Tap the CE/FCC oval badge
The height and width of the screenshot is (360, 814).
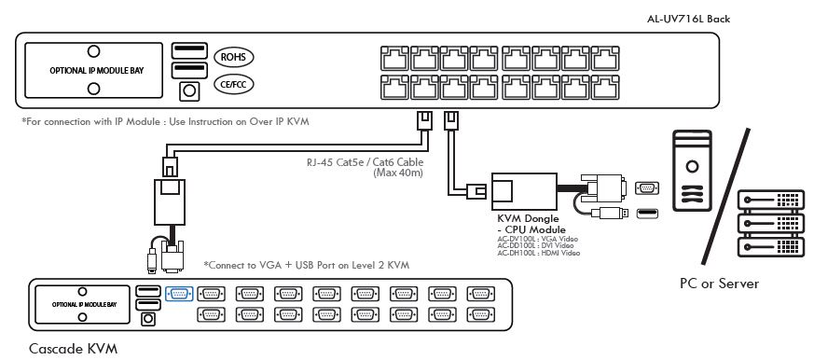point(230,85)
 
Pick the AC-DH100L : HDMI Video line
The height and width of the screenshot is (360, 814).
point(539,253)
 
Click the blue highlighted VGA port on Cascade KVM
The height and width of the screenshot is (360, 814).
point(178,293)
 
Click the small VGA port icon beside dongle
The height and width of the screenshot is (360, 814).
point(644,187)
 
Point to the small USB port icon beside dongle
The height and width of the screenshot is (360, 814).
point(644,214)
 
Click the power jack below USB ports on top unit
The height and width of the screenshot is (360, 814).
point(188,90)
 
